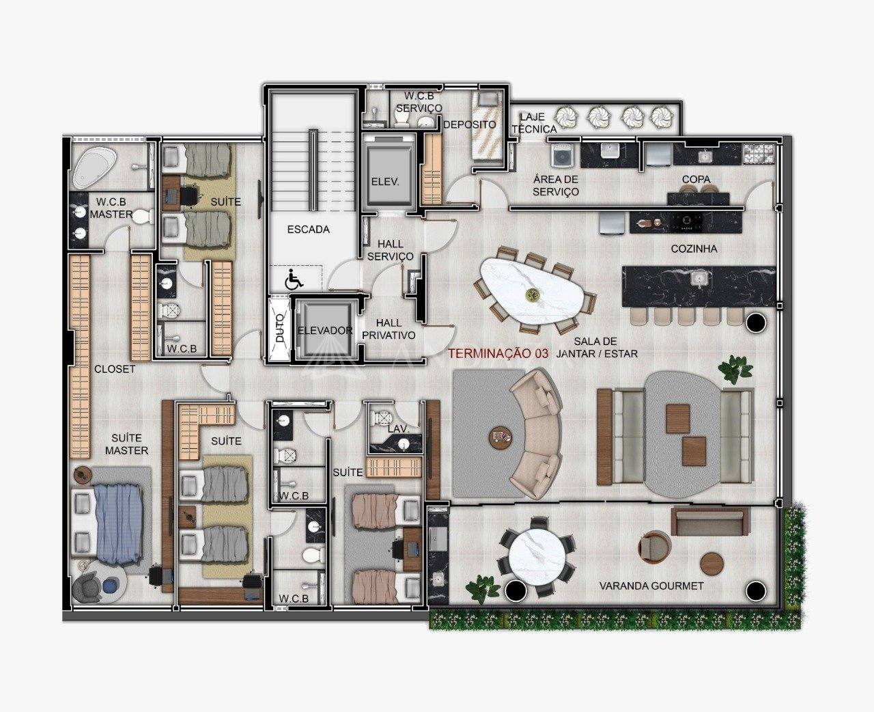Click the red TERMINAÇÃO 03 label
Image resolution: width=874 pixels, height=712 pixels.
498,353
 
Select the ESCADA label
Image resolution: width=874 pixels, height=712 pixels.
308,229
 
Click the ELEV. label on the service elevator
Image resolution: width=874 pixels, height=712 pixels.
385,182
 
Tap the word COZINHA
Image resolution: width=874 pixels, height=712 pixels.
694,249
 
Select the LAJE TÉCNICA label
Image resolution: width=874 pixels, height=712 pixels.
533,123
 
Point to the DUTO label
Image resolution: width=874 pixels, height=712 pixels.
280,328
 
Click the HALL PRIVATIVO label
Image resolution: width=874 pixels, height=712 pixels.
389,329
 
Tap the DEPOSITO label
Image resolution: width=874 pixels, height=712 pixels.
469,124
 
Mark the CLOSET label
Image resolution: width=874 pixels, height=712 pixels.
115,369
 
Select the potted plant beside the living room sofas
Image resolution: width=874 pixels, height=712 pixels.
735,368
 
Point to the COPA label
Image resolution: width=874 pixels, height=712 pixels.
696,179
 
